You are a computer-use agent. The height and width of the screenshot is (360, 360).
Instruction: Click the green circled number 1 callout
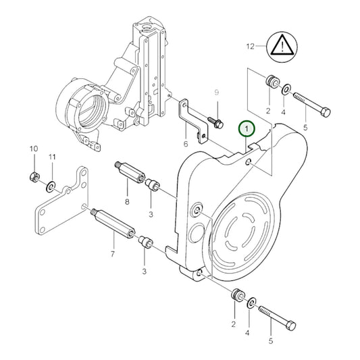point(248,128)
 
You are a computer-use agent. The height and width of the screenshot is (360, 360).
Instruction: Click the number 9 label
point(217,92)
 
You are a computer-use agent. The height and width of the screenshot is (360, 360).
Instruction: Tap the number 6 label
point(185,144)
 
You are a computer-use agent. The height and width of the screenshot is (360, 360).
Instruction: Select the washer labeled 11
point(51,184)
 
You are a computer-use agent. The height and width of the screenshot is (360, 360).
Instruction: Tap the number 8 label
point(126,201)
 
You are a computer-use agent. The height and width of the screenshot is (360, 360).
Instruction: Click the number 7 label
point(113,254)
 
